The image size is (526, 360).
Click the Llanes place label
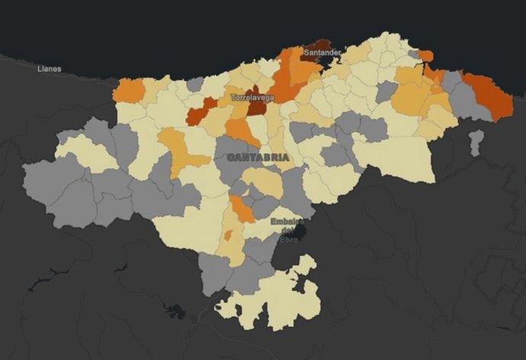tap(49, 69)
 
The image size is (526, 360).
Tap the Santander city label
tap(322, 53)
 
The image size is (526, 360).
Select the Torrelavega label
tap(253, 98)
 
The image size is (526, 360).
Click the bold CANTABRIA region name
tap(258, 157)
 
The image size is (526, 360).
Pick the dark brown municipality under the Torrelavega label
tap(257, 108)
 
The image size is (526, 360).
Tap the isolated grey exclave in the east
tap(476, 142)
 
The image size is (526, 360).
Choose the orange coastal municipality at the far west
tap(130, 90)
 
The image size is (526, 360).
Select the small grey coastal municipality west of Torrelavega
tap(196, 83)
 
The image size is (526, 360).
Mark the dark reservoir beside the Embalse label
tap(300, 230)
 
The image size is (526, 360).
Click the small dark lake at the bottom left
tap(176, 311)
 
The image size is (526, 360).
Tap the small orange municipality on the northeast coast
tap(425, 56)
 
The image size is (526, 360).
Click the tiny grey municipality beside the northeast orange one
tap(414, 54)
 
